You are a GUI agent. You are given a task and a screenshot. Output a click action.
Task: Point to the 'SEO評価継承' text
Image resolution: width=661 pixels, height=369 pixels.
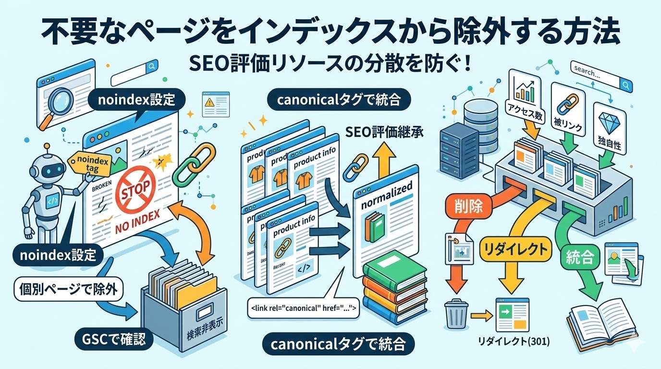(x=385, y=132)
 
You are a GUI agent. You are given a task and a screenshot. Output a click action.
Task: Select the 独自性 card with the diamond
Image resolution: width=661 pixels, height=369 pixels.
(x=607, y=127)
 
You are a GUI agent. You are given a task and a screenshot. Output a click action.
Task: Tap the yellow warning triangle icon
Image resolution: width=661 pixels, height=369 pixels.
(x=209, y=102)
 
